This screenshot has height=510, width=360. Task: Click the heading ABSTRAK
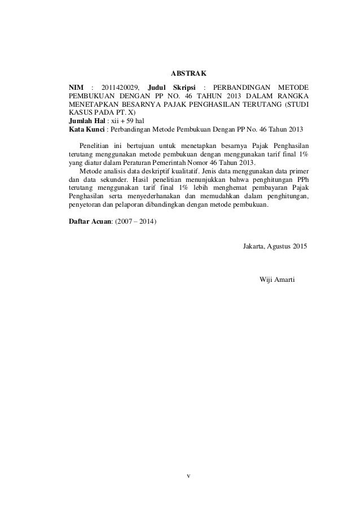pos(189,73)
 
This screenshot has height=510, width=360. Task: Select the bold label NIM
pos(74,88)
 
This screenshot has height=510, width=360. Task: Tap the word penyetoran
pos(85,200)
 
